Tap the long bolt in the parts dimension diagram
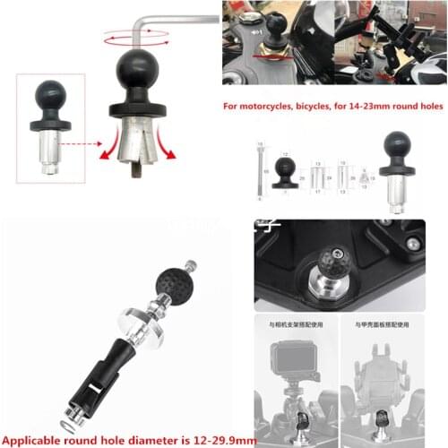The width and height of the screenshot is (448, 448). (x=259, y=174)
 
